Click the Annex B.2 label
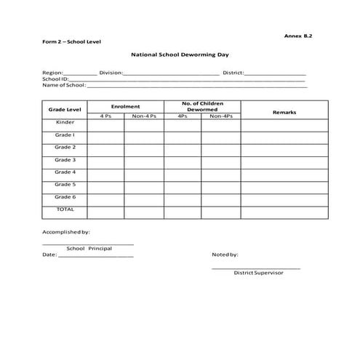point(300,35)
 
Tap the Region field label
point(52,73)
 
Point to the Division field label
point(111,73)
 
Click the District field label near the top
point(233,73)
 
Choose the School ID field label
point(55,79)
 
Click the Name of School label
point(64,85)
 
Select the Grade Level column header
point(65,109)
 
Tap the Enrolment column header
point(125,106)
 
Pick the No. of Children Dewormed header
point(202,106)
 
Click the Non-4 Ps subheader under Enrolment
point(144,116)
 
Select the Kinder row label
point(65,122)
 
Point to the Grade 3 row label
point(65,160)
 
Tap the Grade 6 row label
point(65,197)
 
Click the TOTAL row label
point(65,209)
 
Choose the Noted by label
point(225,255)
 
